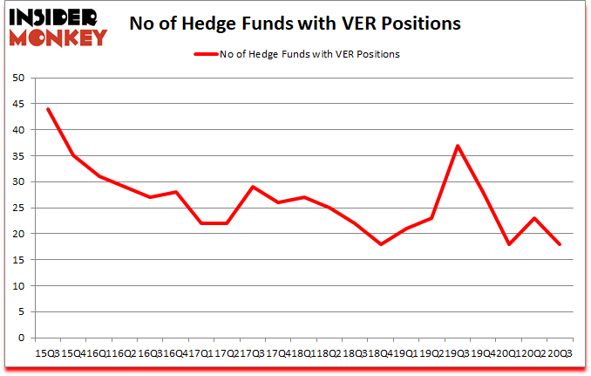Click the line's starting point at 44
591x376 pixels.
(47, 109)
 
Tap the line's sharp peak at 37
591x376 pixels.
(457, 146)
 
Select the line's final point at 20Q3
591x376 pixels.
(559, 244)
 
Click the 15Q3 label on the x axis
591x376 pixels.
(47, 353)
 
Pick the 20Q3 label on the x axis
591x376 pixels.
(559, 353)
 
